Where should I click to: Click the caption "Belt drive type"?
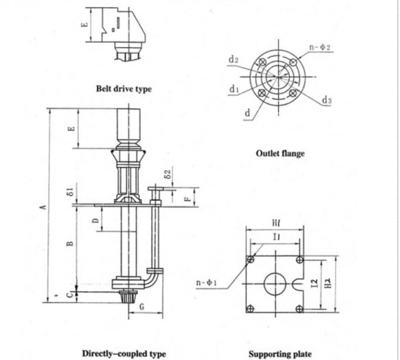124,89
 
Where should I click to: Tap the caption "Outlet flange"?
280,154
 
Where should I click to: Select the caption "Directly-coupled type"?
124,354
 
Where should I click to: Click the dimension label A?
42,206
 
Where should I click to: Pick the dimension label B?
69,243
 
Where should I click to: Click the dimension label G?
142,306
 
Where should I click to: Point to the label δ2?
168,175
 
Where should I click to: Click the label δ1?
69,191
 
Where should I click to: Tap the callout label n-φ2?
319,46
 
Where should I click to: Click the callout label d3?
326,101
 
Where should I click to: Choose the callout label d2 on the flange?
234,59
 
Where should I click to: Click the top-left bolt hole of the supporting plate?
251,259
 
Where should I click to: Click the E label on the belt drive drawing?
84,25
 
